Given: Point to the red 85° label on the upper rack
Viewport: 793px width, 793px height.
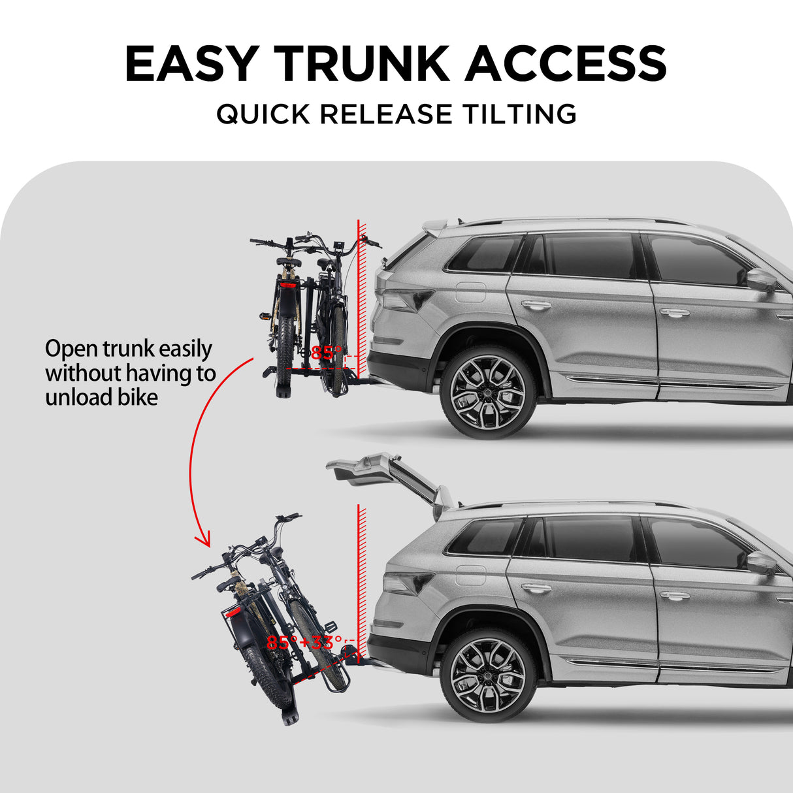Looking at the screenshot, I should point(326,353).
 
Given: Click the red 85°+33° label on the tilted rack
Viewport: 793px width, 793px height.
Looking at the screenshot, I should point(304,643).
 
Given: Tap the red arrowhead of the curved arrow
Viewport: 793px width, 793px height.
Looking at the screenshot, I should point(204,540).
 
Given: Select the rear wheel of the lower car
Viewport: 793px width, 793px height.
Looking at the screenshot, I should point(488,675).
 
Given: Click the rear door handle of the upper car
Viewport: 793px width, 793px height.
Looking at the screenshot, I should point(536,305).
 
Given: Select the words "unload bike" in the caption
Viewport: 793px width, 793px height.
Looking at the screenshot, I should point(101,397).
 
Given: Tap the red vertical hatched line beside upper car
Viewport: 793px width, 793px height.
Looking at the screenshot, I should point(361,307).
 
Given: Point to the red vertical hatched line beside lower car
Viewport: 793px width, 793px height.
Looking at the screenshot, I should point(361,575).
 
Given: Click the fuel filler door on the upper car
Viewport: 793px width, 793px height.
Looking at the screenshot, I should point(470,291).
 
